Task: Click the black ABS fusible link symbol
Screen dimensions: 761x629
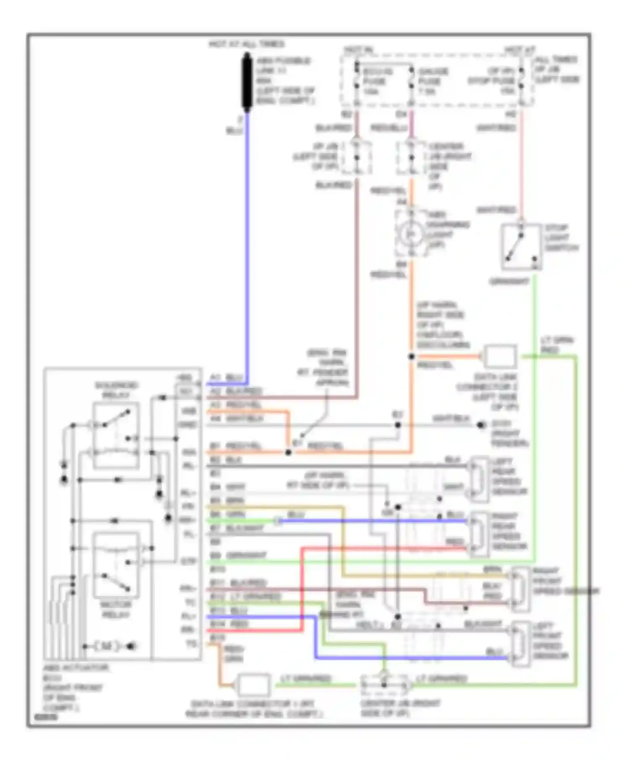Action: [247, 83]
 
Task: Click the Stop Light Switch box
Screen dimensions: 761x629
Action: [521, 247]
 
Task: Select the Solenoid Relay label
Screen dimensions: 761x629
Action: [116, 390]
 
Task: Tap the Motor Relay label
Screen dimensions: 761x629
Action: [116, 610]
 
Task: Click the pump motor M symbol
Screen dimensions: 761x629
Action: [107, 646]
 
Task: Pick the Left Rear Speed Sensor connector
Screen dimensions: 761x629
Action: [478, 480]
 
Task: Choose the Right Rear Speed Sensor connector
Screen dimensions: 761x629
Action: [478, 534]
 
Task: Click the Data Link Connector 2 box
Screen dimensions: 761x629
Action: [500, 357]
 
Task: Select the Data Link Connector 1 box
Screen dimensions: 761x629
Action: [254, 685]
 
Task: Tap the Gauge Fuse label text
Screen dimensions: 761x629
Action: [432, 81]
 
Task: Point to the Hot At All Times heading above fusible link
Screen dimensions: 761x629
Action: [247, 44]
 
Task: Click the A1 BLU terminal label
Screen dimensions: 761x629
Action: [226, 378]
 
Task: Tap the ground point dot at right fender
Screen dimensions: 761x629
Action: [481, 425]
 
